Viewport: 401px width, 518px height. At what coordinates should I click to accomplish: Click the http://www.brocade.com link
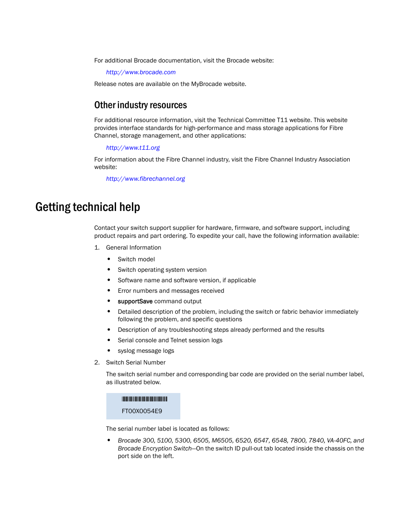140,72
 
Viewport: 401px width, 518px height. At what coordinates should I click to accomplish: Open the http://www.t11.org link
133,148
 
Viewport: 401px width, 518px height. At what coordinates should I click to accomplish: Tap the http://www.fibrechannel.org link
145,179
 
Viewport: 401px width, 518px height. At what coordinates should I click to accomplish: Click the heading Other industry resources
140,105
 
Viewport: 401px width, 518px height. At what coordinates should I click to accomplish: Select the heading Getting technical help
87,207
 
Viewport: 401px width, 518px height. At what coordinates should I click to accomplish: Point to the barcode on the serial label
145,399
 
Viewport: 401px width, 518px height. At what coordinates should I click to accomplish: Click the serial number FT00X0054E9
142,411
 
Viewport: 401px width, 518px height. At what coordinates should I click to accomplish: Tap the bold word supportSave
135,301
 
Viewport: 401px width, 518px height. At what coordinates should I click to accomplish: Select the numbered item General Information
133,247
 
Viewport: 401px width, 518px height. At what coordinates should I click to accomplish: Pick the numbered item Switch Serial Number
135,362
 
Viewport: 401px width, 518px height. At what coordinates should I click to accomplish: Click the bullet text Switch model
136,259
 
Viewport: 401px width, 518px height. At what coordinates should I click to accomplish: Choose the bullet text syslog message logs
146,351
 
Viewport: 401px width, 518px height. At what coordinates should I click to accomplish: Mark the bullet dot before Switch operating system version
109,270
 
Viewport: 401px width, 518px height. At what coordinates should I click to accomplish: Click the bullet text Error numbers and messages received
171,291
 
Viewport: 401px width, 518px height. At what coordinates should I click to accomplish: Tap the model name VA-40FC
338,440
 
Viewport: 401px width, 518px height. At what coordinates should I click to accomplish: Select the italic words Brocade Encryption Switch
155,448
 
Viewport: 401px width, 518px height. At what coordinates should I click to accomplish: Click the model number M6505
222,440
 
